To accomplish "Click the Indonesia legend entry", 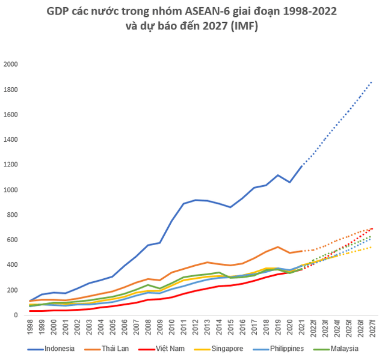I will [x=54, y=348].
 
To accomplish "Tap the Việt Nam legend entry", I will [x=169, y=348].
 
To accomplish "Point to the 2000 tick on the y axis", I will [x=11, y=64].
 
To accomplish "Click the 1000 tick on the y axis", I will [x=11, y=190].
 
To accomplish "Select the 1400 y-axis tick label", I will [x=11, y=139].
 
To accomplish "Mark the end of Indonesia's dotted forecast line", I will [x=372, y=81].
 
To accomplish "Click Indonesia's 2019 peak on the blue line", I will [x=278, y=175].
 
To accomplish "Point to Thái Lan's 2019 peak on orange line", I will [x=278, y=246].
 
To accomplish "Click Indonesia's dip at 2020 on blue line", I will [x=289, y=182].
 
